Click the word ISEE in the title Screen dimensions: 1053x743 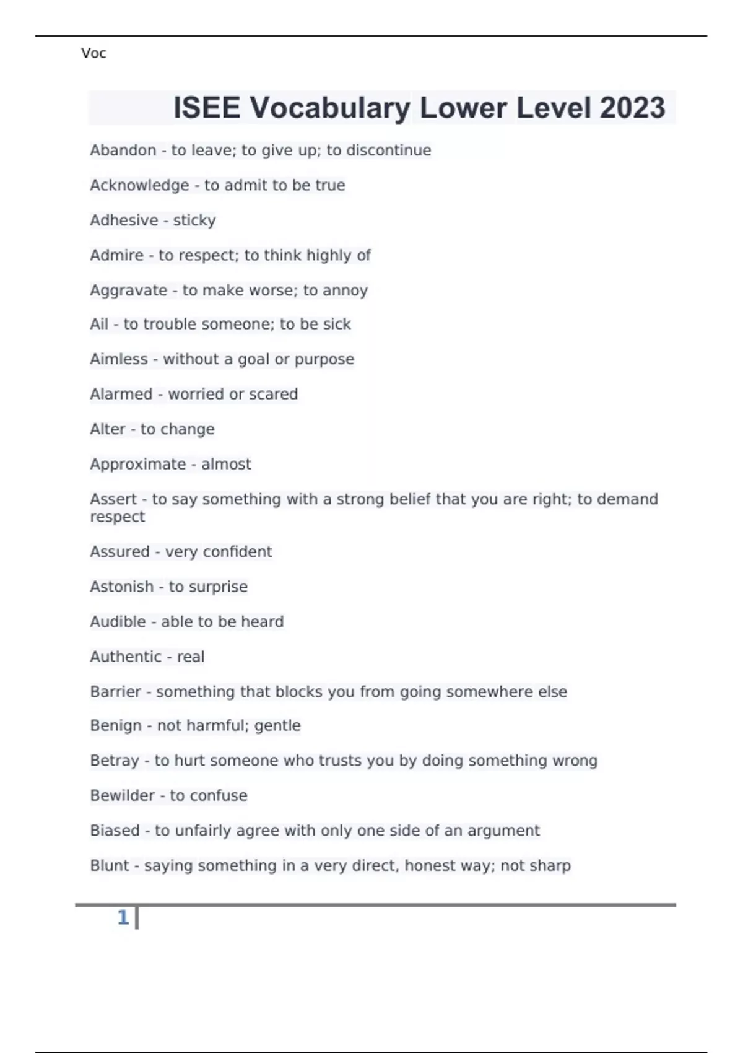(x=206, y=108)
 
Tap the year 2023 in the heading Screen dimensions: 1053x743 (x=632, y=108)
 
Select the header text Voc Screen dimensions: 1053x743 (x=93, y=54)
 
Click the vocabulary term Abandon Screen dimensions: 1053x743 (x=123, y=151)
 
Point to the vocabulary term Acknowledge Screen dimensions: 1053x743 (x=139, y=185)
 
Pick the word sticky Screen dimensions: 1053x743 (x=194, y=221)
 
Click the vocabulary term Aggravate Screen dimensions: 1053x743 (x=128, y=291)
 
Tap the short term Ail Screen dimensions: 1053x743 (x=99, y=324)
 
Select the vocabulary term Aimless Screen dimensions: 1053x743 (x=119, y=359)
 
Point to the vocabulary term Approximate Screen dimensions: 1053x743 (x=138, y=464)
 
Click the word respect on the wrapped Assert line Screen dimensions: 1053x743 (x=117, y=517)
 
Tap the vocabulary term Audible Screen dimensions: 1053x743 (x=118, y=622)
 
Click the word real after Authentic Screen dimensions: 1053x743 (x=191, y=657)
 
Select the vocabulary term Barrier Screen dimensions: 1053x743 (x=115, y=692)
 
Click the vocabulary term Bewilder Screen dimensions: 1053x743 (x=122, y=795)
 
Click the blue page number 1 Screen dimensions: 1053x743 (x=123, y=917)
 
